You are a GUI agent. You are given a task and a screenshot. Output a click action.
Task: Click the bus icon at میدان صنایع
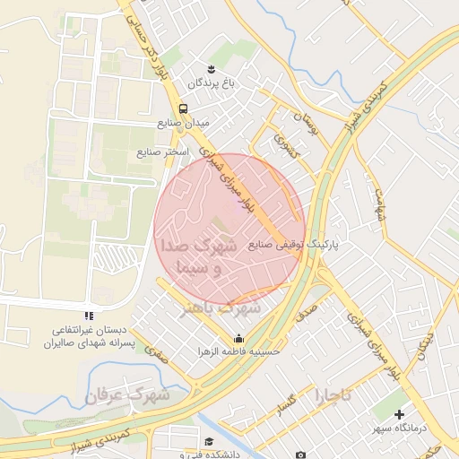183,108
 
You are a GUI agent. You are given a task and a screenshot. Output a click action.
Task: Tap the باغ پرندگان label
210,83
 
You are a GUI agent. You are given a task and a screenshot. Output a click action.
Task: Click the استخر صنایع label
163,152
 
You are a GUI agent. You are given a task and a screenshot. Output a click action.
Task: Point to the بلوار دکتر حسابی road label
147,40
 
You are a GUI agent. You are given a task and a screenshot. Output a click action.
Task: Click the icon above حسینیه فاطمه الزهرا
238,339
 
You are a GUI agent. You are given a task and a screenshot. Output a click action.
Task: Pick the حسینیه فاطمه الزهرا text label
239,352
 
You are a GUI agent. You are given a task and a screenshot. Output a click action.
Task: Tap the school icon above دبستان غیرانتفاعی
88,316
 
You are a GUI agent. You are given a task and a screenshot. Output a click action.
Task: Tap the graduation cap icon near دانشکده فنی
209,442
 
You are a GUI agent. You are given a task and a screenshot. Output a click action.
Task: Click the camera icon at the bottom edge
300,455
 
